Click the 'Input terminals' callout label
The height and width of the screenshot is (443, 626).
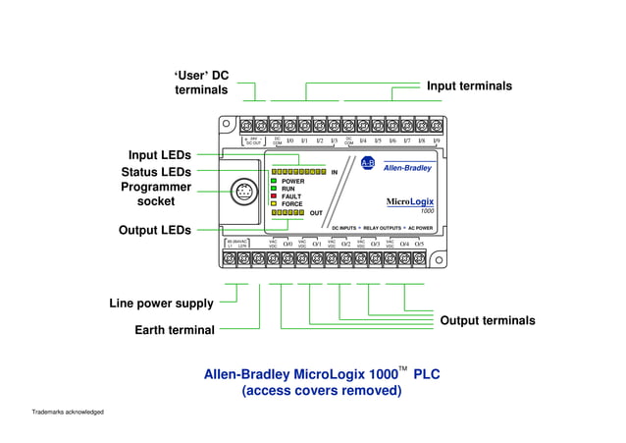click(469, 86)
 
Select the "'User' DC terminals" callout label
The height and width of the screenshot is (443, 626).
click(201, 83)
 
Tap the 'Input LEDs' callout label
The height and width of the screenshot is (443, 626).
click(159, 155)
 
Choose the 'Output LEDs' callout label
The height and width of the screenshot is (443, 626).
click(155, 230)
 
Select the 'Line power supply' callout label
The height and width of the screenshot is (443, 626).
click(161, 304)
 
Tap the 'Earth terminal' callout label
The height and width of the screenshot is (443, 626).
click(175, 330)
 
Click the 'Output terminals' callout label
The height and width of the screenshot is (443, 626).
click(488, 321)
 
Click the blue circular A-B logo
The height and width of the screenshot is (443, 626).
click(368, 162)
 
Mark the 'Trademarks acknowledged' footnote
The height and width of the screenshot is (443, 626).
click(68, 411)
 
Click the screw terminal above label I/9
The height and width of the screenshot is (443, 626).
click(435, 126)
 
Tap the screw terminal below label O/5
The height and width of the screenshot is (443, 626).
click(419, 258)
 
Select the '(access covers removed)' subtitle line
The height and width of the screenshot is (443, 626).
click(322, 390)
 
